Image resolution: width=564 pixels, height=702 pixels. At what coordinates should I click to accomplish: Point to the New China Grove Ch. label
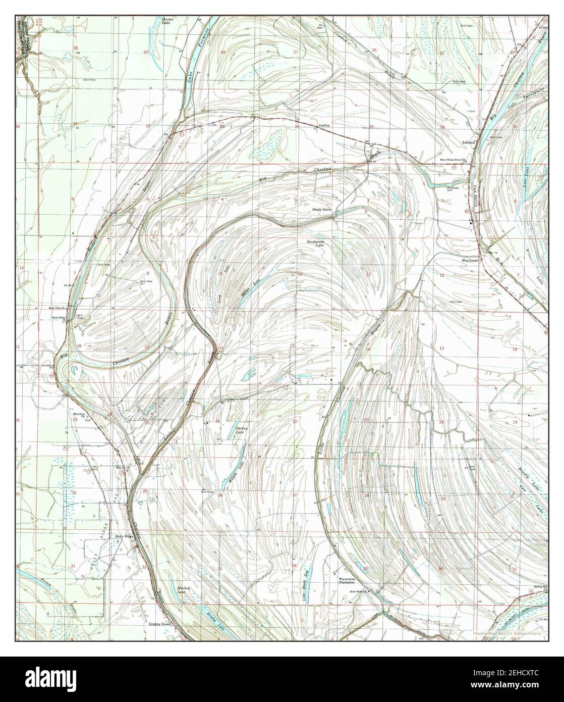(451, 162)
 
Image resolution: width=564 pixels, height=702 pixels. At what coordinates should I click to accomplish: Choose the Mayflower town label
(470, 261)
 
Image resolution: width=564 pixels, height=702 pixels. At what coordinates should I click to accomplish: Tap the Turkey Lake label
(242, 430)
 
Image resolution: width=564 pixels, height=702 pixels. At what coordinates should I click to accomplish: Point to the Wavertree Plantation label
(351, 580)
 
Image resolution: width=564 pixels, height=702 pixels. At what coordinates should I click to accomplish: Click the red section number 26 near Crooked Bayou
(374, 50)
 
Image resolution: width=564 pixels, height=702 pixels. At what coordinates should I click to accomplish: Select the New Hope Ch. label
(360, 591)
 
